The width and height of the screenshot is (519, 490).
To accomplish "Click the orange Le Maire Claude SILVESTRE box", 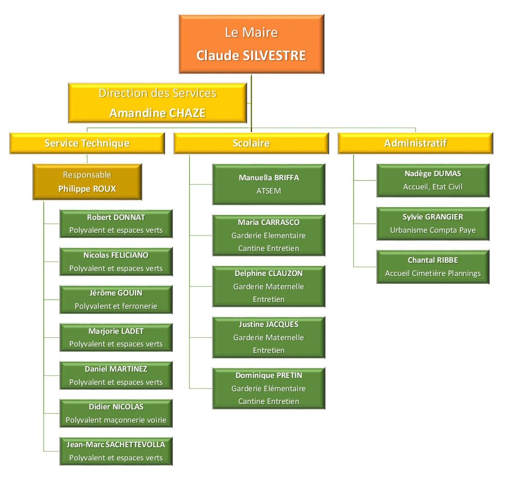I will (x=251, y=44).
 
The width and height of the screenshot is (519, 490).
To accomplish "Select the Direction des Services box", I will (x=157, y=102).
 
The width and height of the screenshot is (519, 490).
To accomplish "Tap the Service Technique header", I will (x=87, y=143).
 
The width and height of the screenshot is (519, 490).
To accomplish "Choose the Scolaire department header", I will (x=251, y=143).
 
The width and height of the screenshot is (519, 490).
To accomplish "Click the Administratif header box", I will (x=415, y=143).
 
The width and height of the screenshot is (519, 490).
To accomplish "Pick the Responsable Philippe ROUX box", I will (x=87, y=182).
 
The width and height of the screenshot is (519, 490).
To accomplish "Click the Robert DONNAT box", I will (x=116, y=224).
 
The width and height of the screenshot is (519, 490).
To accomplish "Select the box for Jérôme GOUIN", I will (x=116, y=300).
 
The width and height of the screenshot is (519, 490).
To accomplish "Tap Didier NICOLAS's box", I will (x=116, y=413).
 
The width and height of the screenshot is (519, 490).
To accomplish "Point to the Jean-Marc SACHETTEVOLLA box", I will (x=116, y=451).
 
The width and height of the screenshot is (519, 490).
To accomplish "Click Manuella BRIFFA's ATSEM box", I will (x=268, y=184).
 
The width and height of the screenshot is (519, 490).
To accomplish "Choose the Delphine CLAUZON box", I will (x=268, y=286).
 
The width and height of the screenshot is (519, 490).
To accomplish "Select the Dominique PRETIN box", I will (x=268, y=388).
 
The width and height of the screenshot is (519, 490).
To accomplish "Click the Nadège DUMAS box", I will (x=432, y=180).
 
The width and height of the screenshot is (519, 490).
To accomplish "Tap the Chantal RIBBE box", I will (x=432, y=267).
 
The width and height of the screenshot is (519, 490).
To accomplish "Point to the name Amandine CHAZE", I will (x=157, y=113).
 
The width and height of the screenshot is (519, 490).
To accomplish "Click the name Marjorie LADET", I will (x=116, y=331).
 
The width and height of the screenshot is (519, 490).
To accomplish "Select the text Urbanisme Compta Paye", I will (x=432, y=230).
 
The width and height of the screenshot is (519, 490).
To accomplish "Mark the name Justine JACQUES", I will (x=268, y=324).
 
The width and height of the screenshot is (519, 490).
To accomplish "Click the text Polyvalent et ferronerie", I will (x=116, y=306).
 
